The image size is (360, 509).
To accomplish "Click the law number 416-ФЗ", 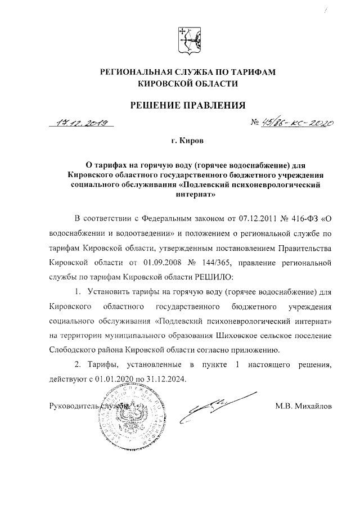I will click(x=304, y=218).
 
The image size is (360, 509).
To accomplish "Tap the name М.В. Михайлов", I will click(x=304, y=406).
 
